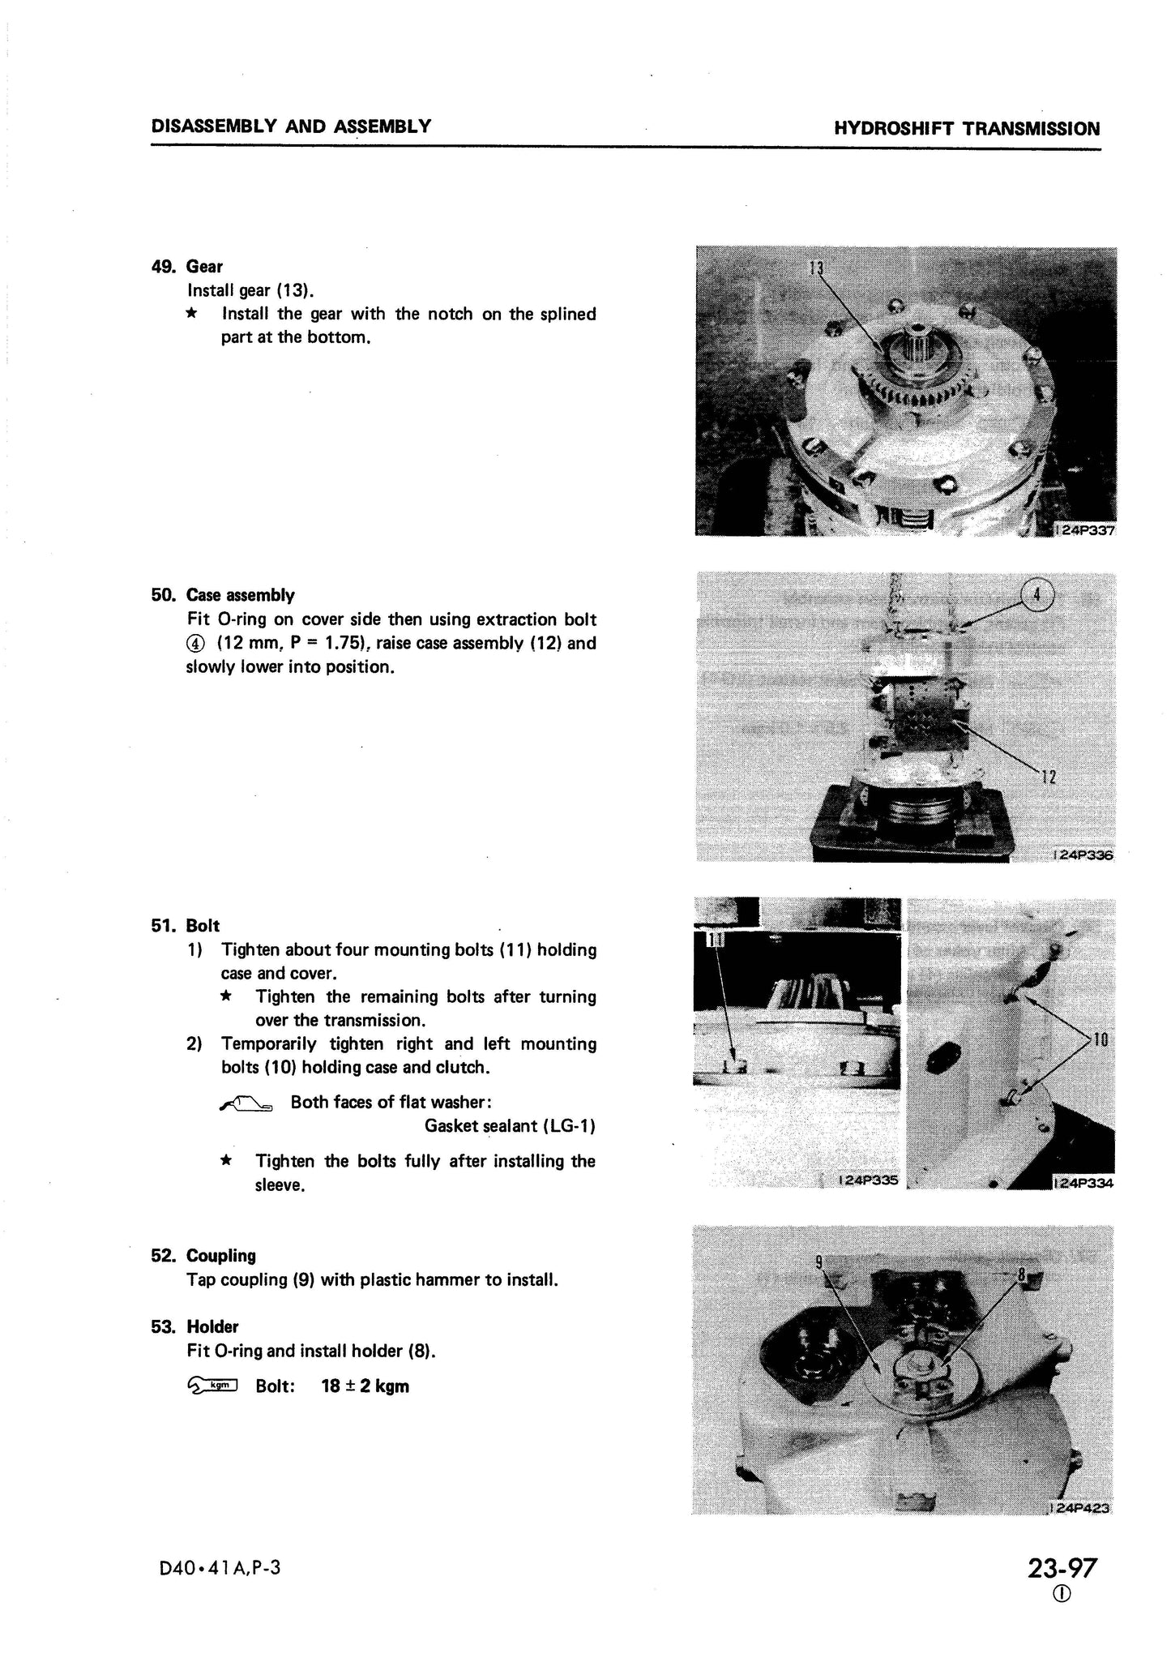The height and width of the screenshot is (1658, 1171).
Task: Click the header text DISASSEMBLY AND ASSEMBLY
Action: pos(291,126)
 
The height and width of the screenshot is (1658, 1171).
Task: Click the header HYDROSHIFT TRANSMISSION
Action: pos(966,128)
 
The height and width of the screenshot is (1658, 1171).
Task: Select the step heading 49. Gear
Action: pos(187,267)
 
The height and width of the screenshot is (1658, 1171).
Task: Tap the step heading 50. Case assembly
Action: pos(223,595)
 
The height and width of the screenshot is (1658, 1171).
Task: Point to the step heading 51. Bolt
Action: pos(186,925)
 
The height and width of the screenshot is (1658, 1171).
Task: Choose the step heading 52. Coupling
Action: pos(203,1255)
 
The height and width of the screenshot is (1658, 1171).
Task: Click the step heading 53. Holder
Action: pos(195,1326)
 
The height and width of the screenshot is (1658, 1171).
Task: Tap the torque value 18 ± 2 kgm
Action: pos(365,1386)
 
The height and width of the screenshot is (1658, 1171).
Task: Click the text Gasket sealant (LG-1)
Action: pos(510,1125)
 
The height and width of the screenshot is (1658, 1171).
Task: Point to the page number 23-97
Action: pos(1062,1568)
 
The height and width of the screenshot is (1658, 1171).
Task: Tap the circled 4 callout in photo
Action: pos(1038,597)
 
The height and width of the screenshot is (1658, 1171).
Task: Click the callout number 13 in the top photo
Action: pos(817,268)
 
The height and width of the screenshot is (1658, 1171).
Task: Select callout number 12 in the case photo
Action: pos(1048,777)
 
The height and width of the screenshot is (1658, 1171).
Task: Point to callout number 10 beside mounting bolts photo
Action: pos(1100,1039)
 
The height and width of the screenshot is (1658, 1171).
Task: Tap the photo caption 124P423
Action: pos(1081,1508)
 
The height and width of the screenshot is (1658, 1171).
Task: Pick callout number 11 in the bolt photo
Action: pos(716,940)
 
